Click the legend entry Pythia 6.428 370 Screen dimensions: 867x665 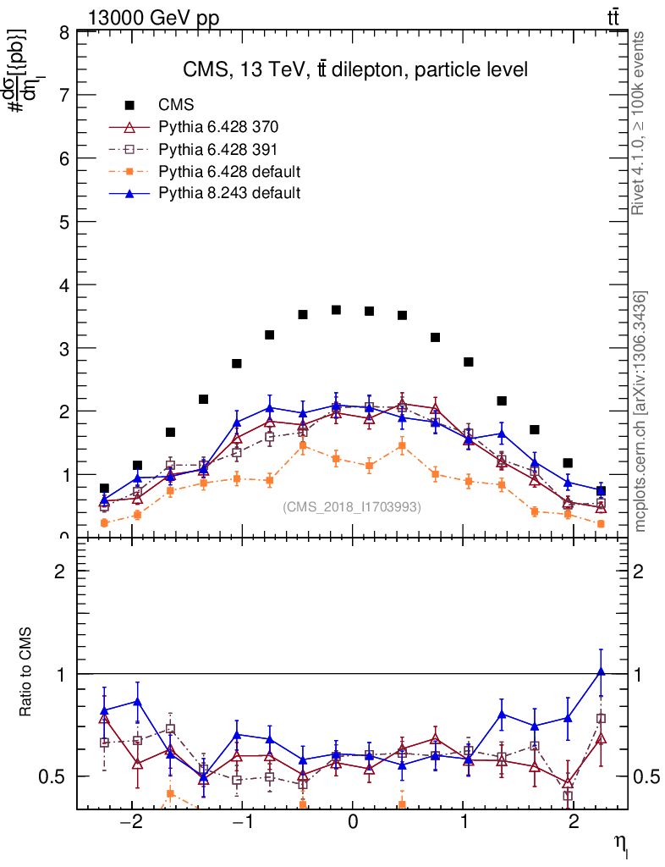218,127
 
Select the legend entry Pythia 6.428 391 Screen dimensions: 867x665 218,149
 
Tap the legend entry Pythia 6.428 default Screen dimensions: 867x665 229,171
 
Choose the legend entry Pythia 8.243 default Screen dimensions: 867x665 229,193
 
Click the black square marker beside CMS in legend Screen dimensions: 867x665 129,105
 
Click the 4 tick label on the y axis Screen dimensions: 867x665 64,285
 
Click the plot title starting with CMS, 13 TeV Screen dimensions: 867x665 355,69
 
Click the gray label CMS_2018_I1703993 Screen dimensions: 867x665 352,507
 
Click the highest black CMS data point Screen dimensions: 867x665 336,310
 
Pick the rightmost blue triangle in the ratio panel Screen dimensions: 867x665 601,671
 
